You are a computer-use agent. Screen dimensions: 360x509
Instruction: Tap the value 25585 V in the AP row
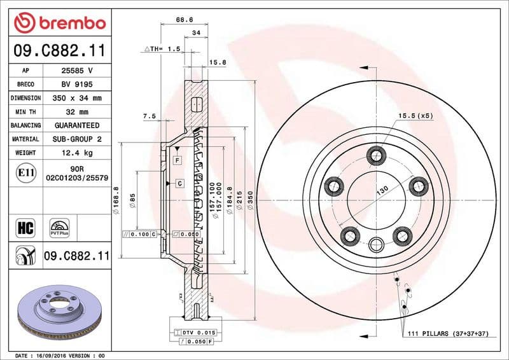point(76,71)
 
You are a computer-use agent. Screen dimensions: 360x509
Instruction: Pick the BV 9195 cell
point(76,85)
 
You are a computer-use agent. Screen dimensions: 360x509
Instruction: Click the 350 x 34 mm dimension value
point(76,99)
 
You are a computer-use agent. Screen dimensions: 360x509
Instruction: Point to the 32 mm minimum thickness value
point(76,112)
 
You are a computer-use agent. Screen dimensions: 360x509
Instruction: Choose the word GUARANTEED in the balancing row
point(76,125)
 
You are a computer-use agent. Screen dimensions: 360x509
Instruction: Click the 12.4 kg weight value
point(76,153)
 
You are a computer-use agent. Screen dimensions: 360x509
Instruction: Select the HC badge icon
point(23,227)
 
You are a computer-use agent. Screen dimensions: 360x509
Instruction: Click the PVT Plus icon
point(59,228)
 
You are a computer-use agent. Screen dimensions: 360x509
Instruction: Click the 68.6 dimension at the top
point(185,20)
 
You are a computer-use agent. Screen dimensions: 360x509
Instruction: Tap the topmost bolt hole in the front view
point(376,154)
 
